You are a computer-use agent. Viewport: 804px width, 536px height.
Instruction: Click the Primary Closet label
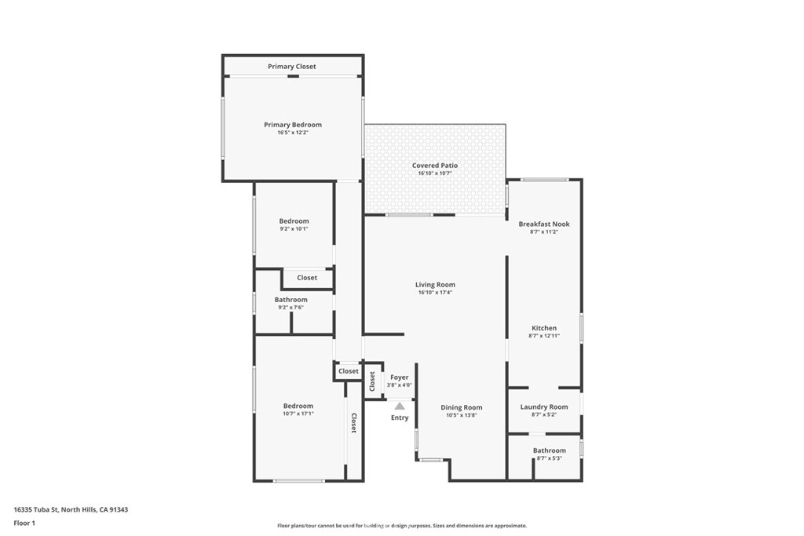(292, 67)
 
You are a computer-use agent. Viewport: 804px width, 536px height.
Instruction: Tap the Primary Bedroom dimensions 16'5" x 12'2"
(293, 132)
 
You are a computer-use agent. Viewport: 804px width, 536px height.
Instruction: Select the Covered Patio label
(435, 166)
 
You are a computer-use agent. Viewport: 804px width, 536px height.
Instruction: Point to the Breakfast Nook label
(544, 224)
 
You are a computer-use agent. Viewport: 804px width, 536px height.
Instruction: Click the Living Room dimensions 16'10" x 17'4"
(435, 293)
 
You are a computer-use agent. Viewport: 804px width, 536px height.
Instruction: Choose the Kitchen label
(544, 328)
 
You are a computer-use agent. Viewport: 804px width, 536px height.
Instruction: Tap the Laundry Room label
(544, 407)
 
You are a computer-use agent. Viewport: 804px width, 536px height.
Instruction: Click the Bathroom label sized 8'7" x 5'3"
(549, 450)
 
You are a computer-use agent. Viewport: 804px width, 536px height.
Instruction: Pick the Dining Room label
(462, 408)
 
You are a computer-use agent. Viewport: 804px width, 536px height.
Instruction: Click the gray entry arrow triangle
(400, 407)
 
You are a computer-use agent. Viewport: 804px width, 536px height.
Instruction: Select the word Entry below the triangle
(400, 417)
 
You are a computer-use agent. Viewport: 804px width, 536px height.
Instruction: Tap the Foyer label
(400, 377)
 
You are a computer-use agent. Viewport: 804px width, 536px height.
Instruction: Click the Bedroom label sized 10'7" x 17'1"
(298, 406)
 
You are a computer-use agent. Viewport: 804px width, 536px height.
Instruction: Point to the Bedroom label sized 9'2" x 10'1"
(294, 221)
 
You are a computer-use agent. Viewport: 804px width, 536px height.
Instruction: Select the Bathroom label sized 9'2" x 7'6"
(291, 300)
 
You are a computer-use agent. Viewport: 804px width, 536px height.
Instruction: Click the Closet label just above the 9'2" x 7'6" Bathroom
(307, 278)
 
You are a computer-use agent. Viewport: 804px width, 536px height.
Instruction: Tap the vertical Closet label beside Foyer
(372, 381)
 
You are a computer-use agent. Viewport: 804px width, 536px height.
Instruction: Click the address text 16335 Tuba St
(36, 510)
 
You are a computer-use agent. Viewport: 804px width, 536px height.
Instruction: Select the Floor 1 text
(24, 523)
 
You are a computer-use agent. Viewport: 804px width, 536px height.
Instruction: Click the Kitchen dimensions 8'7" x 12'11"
(544, 336)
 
